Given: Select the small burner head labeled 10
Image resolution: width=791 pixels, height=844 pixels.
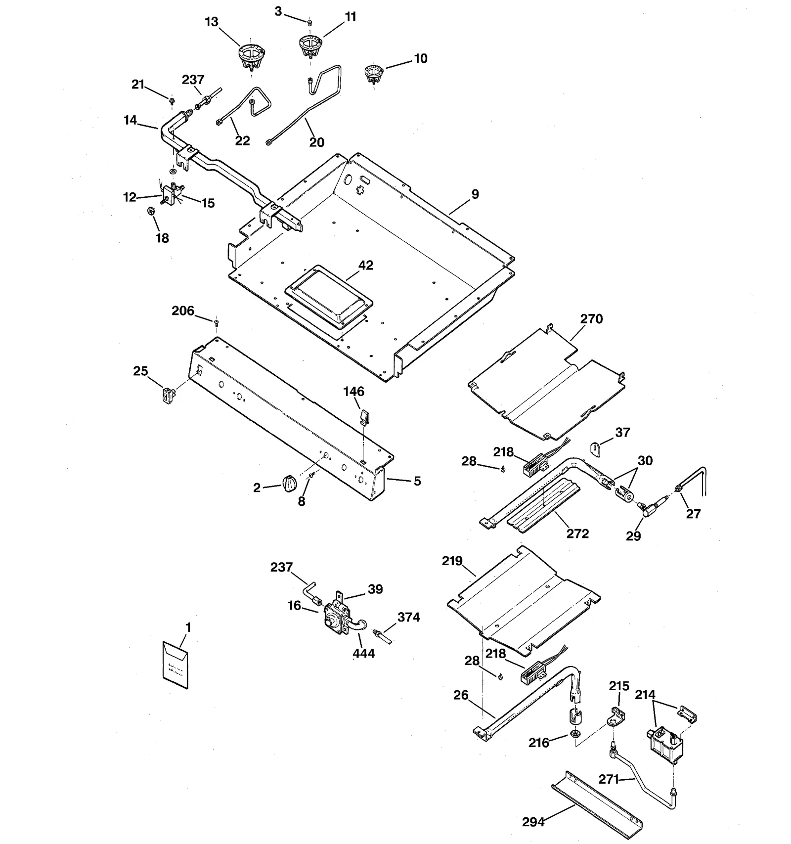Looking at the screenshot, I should [373, 74].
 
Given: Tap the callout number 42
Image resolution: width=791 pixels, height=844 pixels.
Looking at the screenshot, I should [366, 266].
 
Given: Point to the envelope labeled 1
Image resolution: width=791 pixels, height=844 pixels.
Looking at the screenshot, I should [175, 665].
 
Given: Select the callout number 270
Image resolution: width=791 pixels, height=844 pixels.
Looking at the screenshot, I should [591, 319].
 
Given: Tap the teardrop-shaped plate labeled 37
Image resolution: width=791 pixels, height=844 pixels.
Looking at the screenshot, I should [596, 448].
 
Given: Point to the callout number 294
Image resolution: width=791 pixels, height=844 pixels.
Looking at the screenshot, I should [533, 822].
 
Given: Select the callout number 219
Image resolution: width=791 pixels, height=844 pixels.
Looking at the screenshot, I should [452, 561].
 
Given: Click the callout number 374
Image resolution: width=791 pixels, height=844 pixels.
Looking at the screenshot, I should [409, 617].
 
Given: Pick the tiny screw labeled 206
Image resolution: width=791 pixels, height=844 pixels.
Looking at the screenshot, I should [217, 323].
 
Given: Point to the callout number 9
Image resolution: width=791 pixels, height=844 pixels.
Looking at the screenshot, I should [475, 194].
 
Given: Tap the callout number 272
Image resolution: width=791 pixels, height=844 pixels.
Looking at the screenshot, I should [577, 534].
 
